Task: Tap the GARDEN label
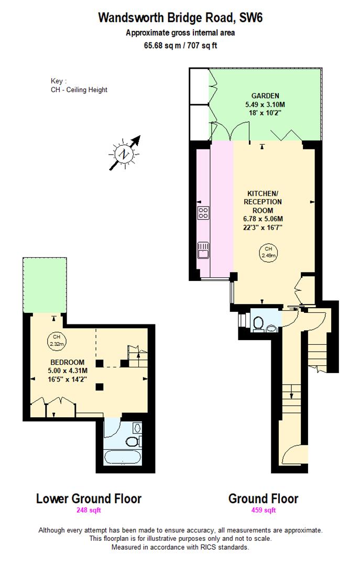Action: pyautogui.click(x=265, y=96)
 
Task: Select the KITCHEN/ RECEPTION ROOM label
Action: pyautogui.click(x=263, y=202)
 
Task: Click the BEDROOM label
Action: pyautogui.click(x=67, y=363)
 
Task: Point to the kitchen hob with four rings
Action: pyautogui.click(x=203, y=213)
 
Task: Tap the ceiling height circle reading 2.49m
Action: pyautogui.click(x=268, y=252)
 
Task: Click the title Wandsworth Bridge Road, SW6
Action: pyautogui.click(x=180, y=18)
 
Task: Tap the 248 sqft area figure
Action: pyautogui.click(x=89, y=510)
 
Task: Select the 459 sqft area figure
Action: pyautogui.click(x=263, y=510)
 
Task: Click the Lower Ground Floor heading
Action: pyautogui.click(x=89, y=498)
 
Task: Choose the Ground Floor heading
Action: pyautogui.click(x=263, y=498)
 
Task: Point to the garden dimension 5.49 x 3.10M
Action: pyautogui.click(x=265, y=104)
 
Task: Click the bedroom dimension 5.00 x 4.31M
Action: pyautogui.click(x=67, y=371)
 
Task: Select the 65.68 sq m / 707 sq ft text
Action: pyautogui.click(x=180, y=45)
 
